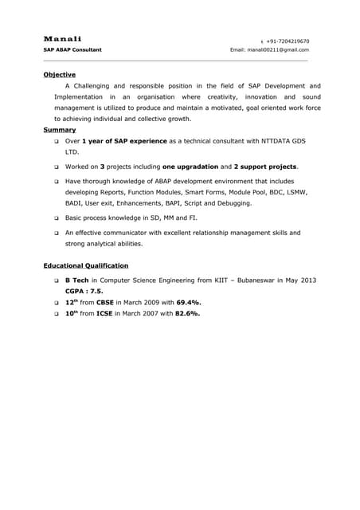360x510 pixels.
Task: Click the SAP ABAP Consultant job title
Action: tap(72, 50)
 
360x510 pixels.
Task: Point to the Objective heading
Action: tap(59, 75)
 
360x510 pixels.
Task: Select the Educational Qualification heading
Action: tap(85, 265)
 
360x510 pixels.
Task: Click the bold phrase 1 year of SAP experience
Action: tap(124, 140)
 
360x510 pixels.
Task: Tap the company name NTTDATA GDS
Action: tap(283, 140)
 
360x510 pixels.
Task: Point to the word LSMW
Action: tap(295, 193)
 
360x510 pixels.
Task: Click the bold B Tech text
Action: tap(76, 280)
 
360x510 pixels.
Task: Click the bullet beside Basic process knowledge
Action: tap(57, 218)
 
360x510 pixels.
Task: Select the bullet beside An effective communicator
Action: tap(57, 233)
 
